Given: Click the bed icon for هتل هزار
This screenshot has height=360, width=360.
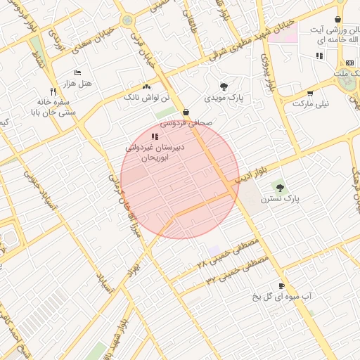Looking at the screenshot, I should coord(77,72).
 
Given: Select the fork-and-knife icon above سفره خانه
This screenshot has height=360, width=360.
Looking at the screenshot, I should coord(53,92).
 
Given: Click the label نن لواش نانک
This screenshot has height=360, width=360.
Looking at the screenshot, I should coord(145,96).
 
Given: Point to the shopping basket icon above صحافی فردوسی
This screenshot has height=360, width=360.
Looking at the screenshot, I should coord(186,112).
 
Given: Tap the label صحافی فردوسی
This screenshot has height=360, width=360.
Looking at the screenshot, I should coord(185,122).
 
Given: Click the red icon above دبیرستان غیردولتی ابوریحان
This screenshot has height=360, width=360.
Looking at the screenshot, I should coord(155,136).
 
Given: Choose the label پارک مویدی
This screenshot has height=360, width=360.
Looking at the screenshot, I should coord(224,98).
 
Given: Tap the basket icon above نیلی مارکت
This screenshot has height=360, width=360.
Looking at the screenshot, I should coord(310,94).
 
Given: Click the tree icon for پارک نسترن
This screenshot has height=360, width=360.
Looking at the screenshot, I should coord(281,188).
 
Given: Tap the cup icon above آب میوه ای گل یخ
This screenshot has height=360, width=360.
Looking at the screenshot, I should coord(282,286).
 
